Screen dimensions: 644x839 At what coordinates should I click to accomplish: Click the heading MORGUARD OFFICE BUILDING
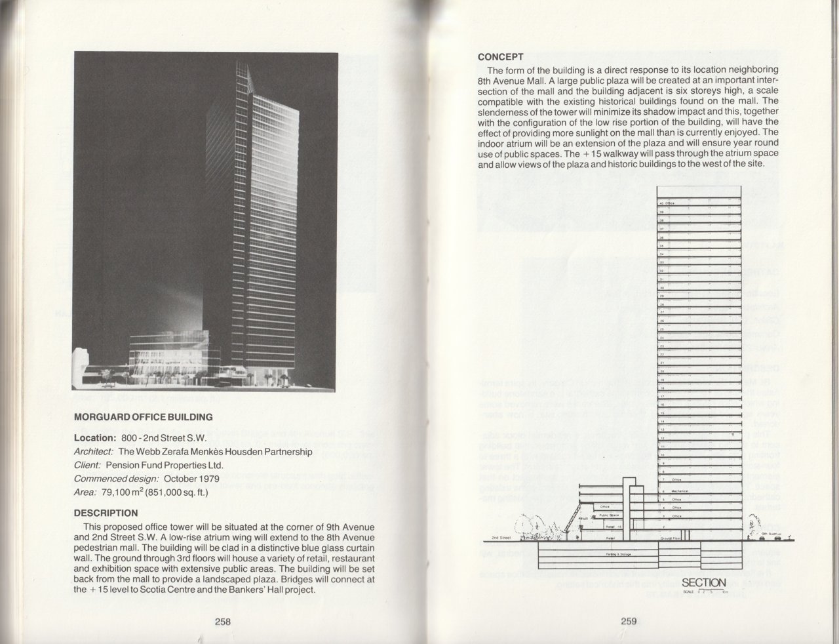[143, 416]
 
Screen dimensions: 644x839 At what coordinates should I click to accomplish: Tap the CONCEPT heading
[500, 57]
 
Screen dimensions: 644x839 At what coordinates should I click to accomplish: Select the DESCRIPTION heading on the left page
[106, 513]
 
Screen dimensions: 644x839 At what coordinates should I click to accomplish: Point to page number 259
[629, 622]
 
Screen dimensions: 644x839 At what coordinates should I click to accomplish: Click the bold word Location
[94, 437]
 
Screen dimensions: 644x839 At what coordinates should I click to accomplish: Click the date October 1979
[190, 479]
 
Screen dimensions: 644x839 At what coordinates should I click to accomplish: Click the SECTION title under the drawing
[703, 582]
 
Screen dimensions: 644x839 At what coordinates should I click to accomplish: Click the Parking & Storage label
[616, 555]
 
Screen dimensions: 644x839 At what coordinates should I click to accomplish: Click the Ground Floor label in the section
[670, 537]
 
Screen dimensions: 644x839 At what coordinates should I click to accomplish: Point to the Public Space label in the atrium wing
[610, 515]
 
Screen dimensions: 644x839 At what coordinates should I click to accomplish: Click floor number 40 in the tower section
[661, 203]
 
